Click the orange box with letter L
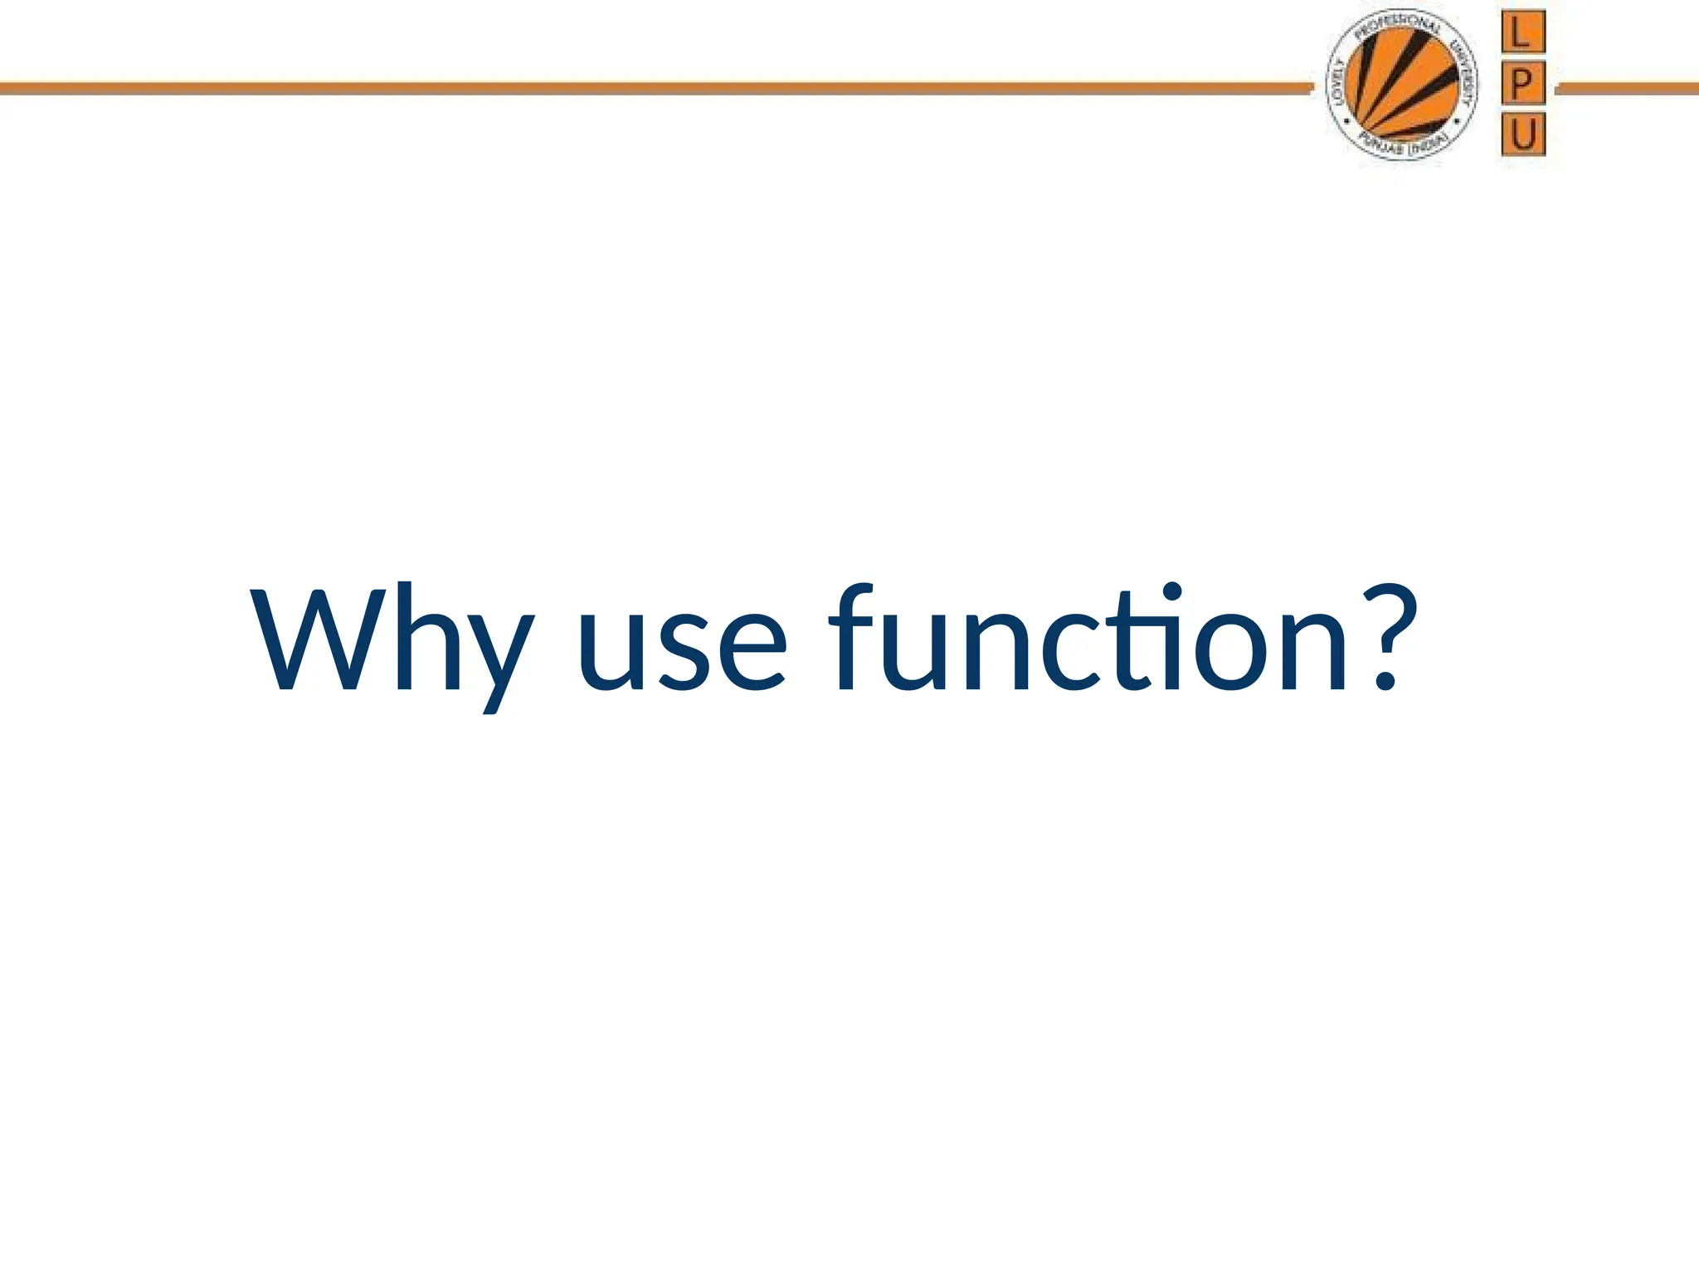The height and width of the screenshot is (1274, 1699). click(x=1522, y=33)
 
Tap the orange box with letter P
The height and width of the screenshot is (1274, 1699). click(x=1522, y=84)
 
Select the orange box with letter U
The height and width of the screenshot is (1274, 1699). click(x=1523, y=134)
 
